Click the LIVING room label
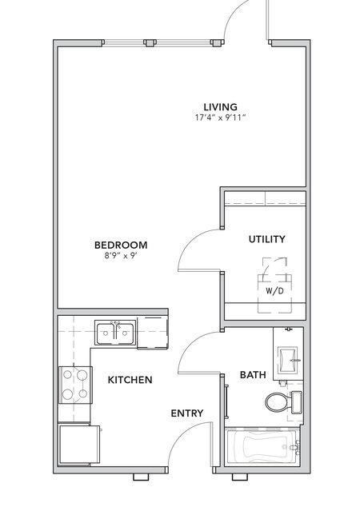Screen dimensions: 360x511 tap(221, 107)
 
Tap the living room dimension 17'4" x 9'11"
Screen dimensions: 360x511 tap(220, 118)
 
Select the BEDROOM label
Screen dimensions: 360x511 tap(121, 245)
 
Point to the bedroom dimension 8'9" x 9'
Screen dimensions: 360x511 tap(120, 256)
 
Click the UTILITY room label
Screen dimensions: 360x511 tap(266, 239)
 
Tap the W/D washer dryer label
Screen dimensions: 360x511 tap(274, 291)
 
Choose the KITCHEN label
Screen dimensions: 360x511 tap(130, 380)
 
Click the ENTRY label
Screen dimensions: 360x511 tap(187, 413)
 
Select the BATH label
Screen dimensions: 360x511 tap(253, 375)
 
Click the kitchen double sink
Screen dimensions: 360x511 tap(115, 333)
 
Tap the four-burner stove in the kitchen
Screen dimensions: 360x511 tap(75, 385)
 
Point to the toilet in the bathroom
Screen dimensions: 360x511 tap(283, 402)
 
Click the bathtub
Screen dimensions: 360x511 tap(262, 446)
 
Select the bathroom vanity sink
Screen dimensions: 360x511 tap(288, 360)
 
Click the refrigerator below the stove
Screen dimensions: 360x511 tap(79, 444)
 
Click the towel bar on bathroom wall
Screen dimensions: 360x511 tap(226, 401)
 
